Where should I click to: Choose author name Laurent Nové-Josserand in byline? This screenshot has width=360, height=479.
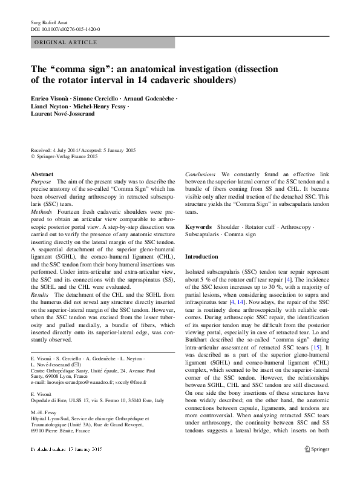tap(63, 113)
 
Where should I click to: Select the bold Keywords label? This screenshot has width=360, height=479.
tap(198, 225)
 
